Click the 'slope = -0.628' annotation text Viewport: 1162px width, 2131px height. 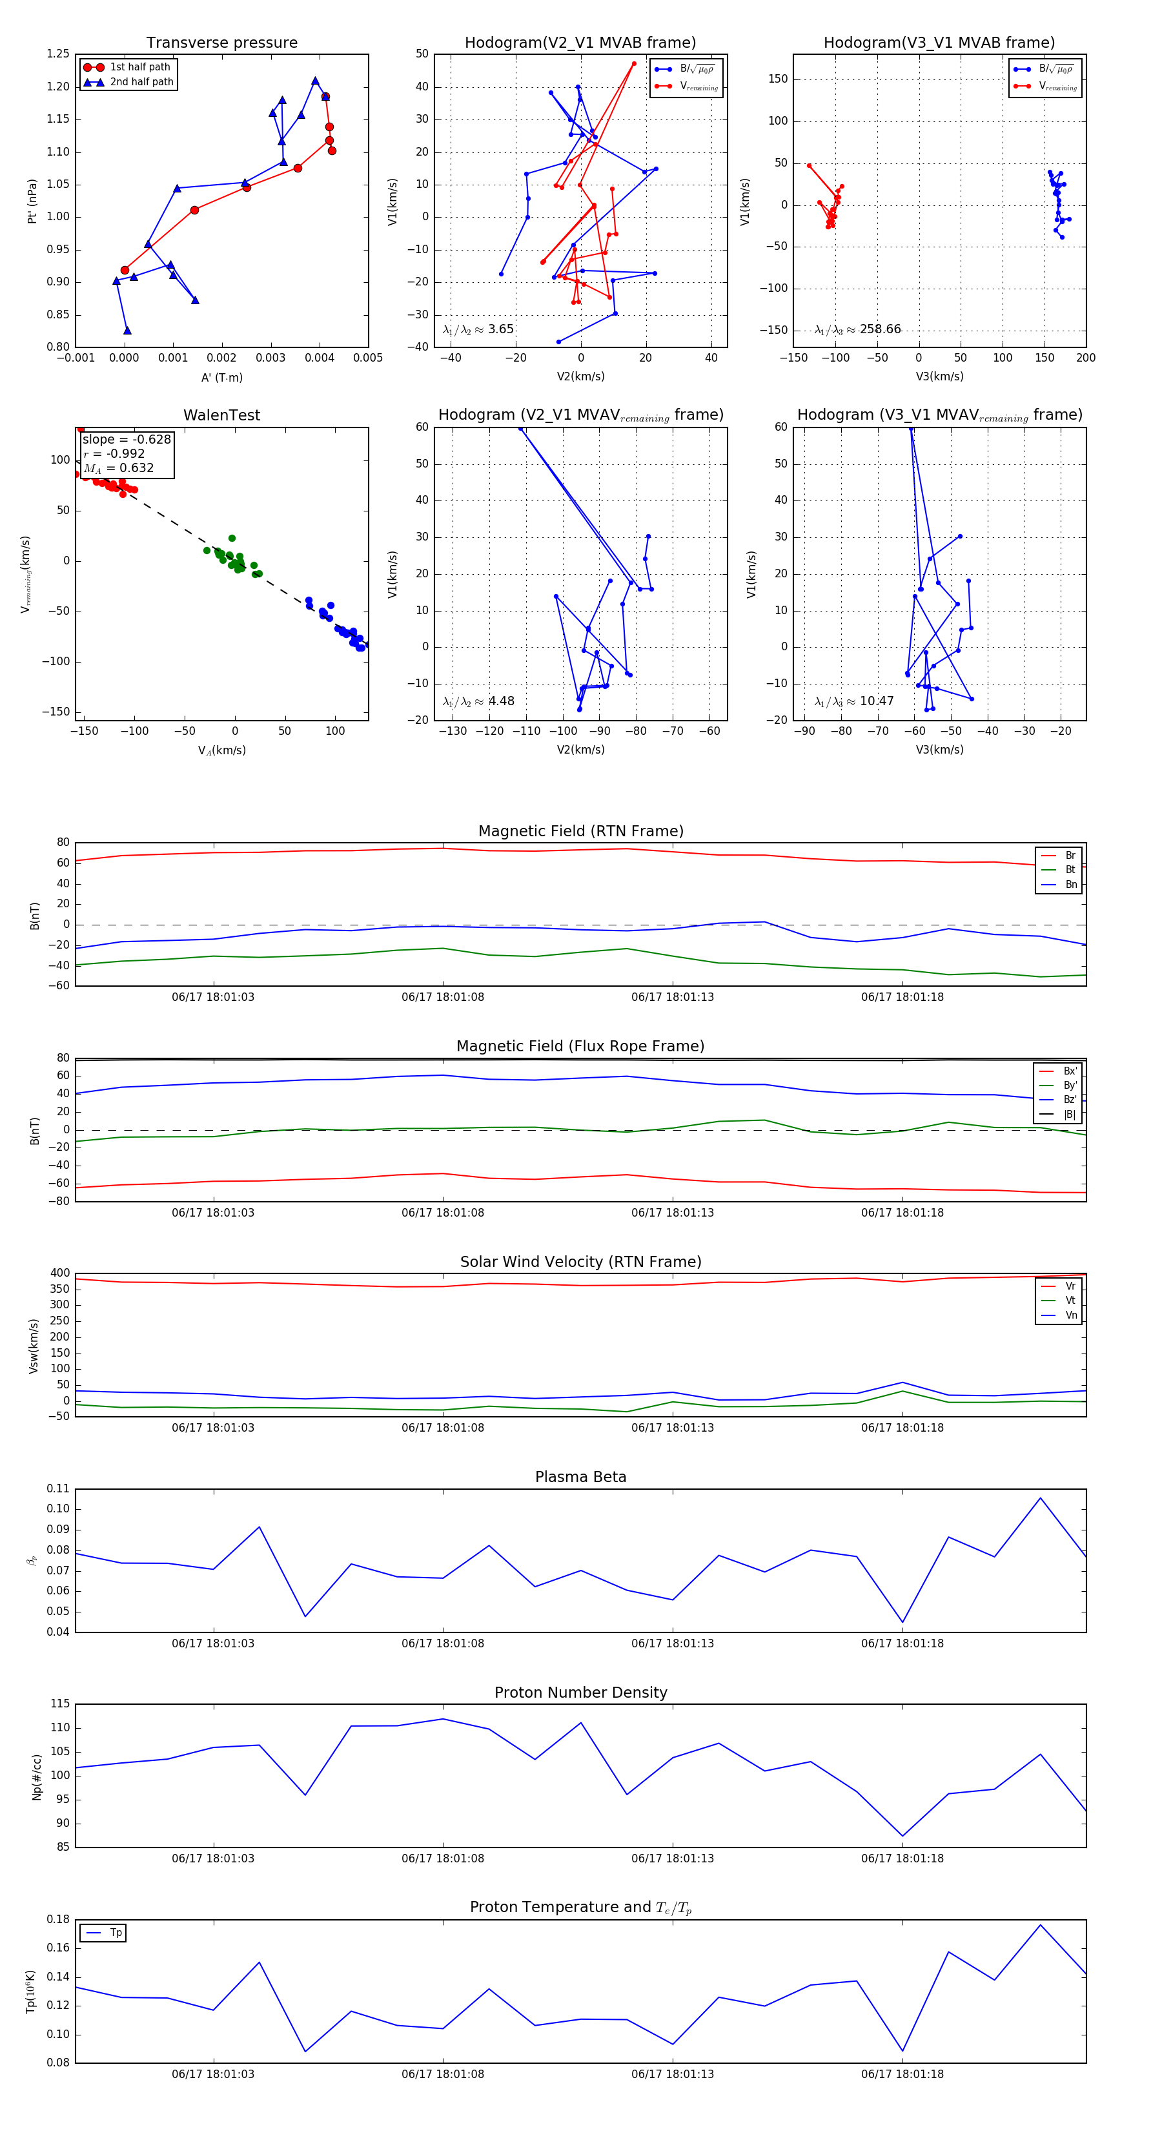pos(127,439)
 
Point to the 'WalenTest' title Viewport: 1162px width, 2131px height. pos(221,415)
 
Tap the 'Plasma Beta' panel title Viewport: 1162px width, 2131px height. pos(580,1477)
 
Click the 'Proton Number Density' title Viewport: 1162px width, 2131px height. pos(580,1693)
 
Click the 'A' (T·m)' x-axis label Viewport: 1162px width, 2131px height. pos(221,377)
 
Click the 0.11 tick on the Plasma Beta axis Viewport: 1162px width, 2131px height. pos(58,1488)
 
